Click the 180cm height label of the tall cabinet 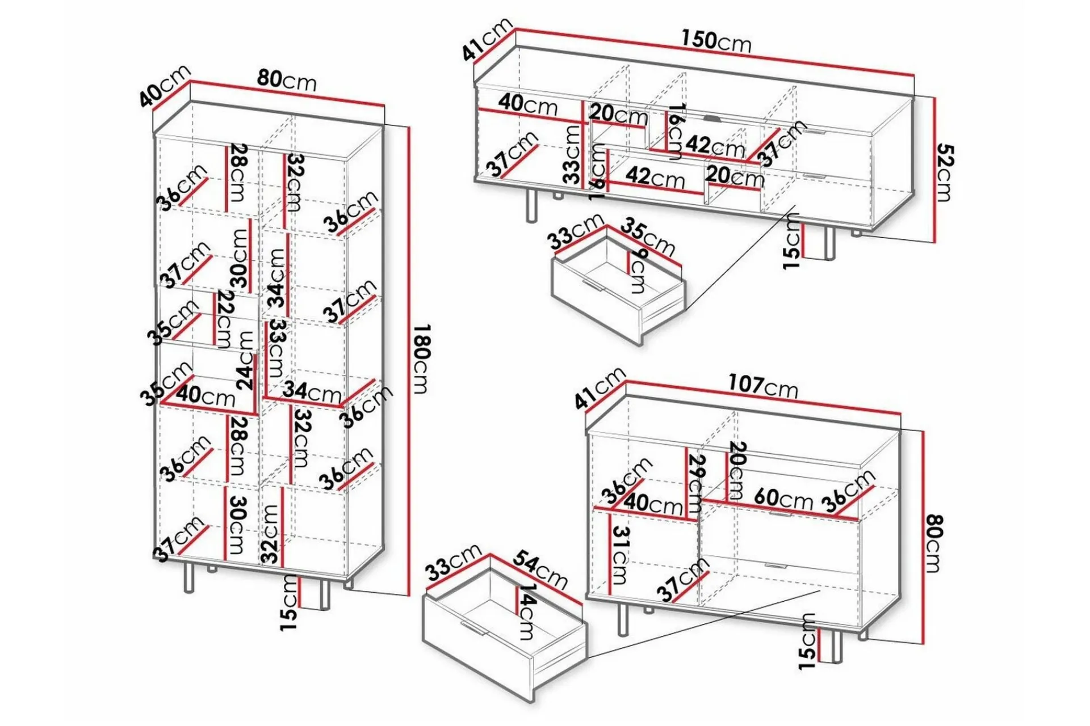tap(421, 358)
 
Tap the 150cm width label tap(716, 40)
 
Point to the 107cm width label tap(763, 387)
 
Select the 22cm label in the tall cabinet tap(225, 319)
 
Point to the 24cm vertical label tap(245, 360)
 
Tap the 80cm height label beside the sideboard tap(932, 543)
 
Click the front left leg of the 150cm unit tap(532, 205)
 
